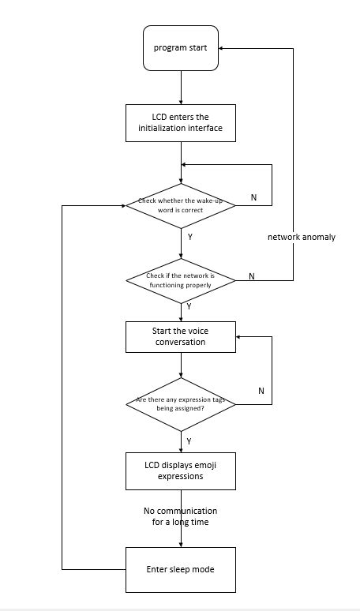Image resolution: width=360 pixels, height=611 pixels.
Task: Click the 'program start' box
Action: tap(181, 48)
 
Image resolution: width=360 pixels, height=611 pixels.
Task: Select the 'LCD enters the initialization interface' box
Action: tap(181, 123)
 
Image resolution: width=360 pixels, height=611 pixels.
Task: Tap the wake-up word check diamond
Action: tap(181, 205)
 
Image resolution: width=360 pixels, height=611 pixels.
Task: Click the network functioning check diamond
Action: tap(181, 280)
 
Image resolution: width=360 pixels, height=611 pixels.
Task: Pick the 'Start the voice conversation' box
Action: tap(181, 336)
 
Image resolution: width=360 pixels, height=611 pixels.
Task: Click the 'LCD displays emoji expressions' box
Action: tap(181, 471)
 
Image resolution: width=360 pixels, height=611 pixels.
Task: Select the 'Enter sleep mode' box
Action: tap(181, 569)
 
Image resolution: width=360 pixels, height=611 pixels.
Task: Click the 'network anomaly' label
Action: tap(302, 237)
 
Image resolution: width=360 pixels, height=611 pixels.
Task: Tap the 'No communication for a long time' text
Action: tap(180, 516)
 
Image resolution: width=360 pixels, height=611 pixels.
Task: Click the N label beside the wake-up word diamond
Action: tap(253, 197)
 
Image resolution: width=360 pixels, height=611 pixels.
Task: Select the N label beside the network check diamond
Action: tap(252, 276)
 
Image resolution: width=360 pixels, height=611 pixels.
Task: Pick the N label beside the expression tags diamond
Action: tap(261, 391)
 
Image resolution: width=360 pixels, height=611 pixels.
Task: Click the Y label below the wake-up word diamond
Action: tap(189, 235)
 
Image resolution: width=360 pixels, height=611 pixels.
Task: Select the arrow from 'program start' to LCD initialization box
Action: tap(181, 88)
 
